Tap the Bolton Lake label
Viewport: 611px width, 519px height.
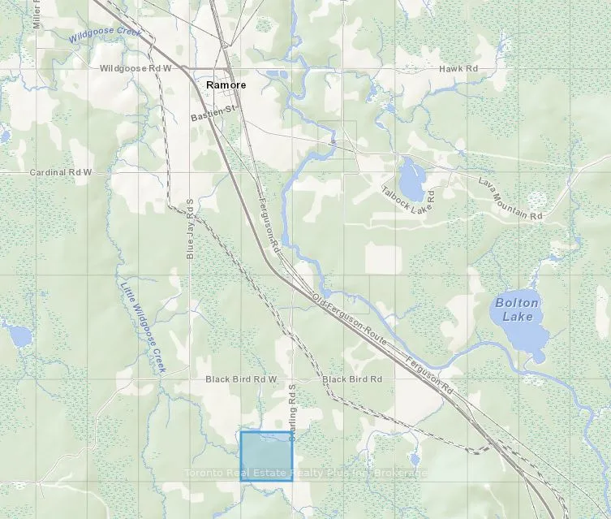tap(516, 309)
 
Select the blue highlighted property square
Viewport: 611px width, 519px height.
tap(266, 456)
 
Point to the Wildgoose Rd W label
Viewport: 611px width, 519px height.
tap(136, 69)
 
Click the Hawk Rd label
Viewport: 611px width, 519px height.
tap(454, 69)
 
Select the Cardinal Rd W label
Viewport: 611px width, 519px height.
tap(61, 173)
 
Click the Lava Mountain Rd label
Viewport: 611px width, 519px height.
tap(510, 200)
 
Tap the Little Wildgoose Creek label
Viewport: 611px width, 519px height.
tap(143, 327)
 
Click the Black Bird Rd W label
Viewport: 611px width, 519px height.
tap(241, 379)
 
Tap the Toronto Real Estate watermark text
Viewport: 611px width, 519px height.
tap(305, 473)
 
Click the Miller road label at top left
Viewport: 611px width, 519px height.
tap(37, 15)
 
